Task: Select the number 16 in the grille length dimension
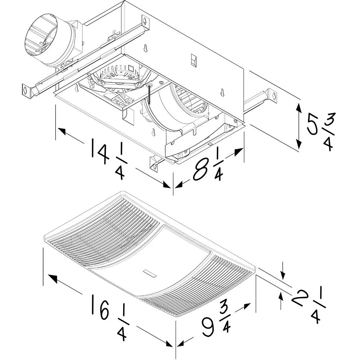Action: (x=100, y=307)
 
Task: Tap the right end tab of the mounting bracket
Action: (x=274, y=96)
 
